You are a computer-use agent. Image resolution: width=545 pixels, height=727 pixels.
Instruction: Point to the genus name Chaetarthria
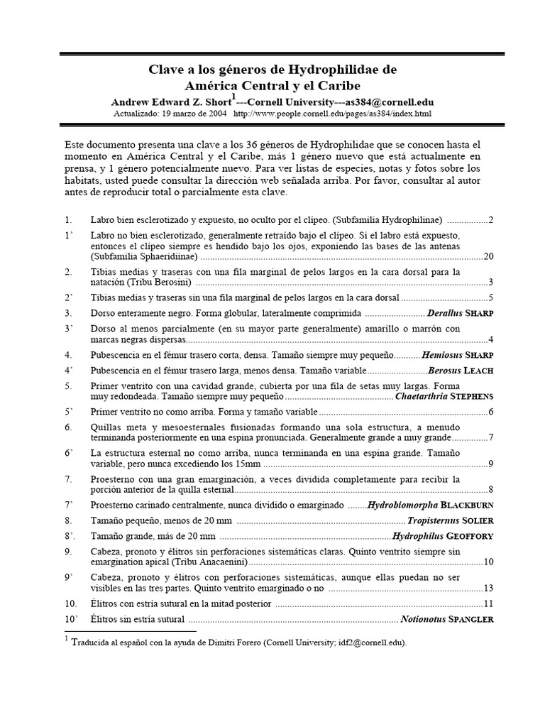pyautogui.click(x=421, y=396)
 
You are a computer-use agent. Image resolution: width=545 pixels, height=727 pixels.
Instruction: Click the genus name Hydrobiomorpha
pyautogui.click(x=402, y=505)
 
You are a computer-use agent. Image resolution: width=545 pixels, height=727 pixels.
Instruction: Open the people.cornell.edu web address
pyautogui.click(x=331, y=114)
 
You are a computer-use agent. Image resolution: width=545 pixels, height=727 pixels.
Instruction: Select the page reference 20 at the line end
pyautogui.click(x=488, y=256)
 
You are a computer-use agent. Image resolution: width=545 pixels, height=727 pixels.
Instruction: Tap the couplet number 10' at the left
pyautogui.click(x=70, y=619)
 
